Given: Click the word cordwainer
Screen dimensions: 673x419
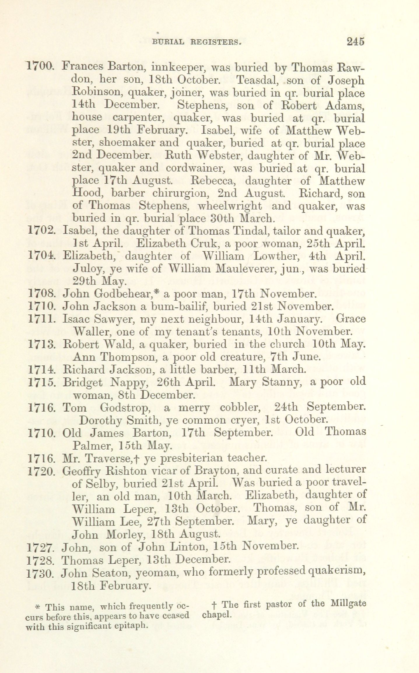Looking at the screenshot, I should coord(197,168).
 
